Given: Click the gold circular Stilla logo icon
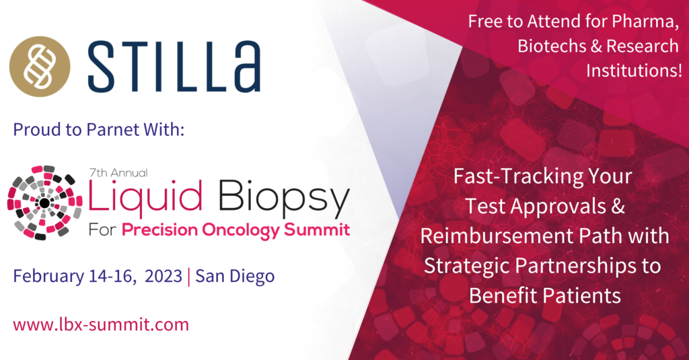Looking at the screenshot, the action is (x=40, y=67).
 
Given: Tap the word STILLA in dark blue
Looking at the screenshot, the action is (x=174, y=67).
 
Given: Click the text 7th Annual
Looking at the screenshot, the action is (x=118, y=172).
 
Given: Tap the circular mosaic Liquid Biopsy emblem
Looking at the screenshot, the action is (x=44, y=203).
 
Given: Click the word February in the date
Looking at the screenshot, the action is (x=48, y=276).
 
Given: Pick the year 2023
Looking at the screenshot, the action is (x=164, y=276).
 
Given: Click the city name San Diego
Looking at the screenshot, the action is (x=235, y=276).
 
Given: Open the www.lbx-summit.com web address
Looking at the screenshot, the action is (x=101, y=324).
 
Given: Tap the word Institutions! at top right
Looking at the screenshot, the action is (x=634, y=71).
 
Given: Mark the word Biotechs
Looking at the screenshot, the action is (x=552, y=46).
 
